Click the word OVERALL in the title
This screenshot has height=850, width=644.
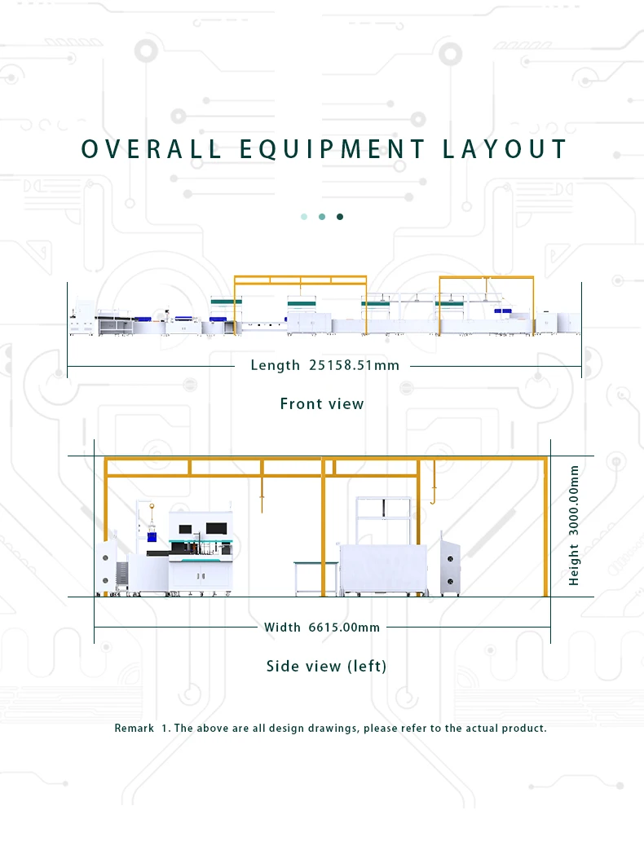coord(152,149)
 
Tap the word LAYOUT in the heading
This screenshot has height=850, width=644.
coord(505,149)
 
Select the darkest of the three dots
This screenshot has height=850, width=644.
coord(340,217)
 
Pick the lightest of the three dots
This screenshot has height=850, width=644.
coord(304,217)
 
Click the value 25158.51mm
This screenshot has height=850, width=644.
coord(355,365)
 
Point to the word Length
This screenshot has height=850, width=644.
coord(276,365)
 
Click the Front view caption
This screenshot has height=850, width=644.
coord(322,403)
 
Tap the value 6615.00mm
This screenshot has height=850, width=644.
coord(344,627)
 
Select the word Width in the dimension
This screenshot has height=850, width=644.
coord(282,627)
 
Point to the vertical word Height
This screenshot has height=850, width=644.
coord(574,566)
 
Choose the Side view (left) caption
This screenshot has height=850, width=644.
coord(326,666)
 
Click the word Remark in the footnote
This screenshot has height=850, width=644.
coord(134,728)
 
